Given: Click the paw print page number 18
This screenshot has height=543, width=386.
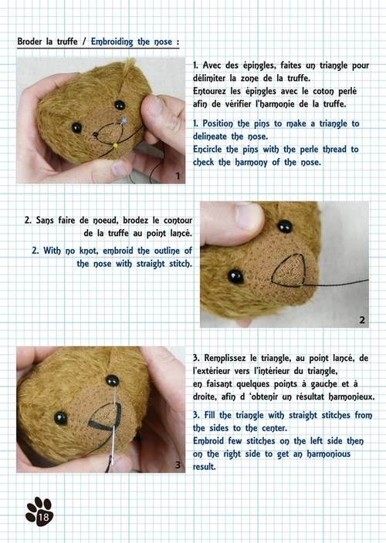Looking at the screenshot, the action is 39,512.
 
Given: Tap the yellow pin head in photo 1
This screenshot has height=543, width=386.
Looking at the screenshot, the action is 115,146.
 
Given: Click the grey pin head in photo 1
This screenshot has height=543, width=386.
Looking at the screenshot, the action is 124,120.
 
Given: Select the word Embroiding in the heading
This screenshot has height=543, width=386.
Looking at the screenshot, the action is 112,42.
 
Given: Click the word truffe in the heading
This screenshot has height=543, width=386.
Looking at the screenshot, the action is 67,42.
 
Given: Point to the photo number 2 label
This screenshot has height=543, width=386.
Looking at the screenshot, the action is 362,320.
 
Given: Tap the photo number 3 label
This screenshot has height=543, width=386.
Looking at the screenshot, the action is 178,465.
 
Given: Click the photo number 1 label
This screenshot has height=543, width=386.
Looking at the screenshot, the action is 178,176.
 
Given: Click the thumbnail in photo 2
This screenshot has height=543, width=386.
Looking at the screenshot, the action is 247,215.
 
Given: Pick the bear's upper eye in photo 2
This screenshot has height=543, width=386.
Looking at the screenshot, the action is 285,226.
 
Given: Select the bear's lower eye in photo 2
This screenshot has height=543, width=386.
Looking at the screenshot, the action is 235,276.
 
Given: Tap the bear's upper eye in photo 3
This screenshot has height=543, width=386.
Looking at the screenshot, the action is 112,380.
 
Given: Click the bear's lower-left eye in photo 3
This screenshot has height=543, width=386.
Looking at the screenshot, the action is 61,418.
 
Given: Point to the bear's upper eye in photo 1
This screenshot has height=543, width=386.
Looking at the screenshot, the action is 120,105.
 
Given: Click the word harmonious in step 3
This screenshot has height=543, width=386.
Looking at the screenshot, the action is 328,454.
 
